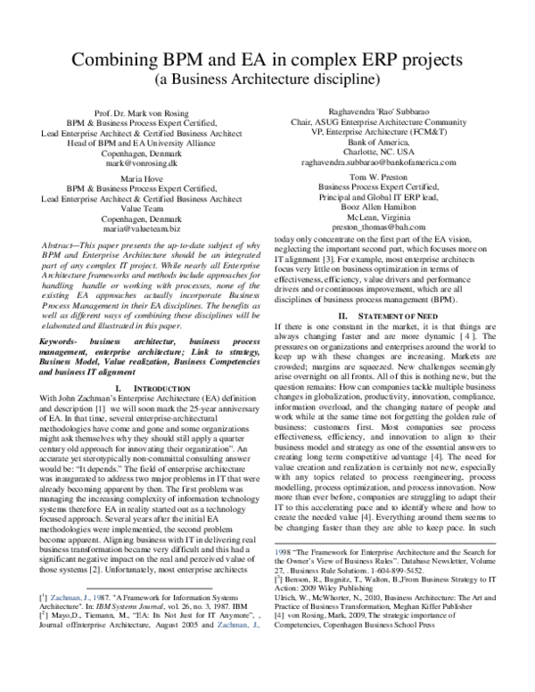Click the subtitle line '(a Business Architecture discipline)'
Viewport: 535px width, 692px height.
[x=267, y=79]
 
